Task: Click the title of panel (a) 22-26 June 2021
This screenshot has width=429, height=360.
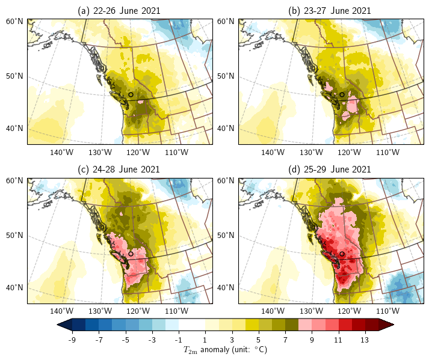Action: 119,11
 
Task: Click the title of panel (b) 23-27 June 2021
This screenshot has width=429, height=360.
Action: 330,11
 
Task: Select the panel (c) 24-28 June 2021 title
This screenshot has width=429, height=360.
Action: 119,169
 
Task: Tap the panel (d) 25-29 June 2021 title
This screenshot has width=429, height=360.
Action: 330,169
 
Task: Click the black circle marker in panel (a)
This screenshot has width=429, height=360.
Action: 131,94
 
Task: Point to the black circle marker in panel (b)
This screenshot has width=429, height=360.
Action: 342,94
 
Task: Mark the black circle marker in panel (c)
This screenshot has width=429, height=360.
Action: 131,254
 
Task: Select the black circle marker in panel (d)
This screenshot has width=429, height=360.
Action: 342,254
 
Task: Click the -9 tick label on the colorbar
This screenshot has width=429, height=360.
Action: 72,340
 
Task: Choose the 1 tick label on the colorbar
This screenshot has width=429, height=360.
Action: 205,340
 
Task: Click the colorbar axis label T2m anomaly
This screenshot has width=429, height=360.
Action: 226,350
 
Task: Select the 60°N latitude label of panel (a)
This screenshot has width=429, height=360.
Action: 14,22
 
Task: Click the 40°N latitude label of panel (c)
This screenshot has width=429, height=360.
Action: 14,287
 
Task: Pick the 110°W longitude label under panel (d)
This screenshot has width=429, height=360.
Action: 387,311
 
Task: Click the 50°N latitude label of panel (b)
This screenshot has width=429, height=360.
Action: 226,76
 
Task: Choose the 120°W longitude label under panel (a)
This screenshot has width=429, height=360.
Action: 138,152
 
